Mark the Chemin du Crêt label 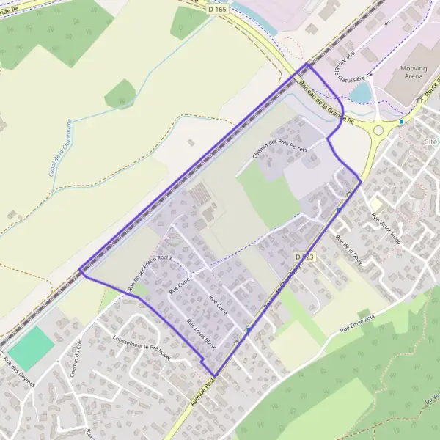pyautogui.click(x=76, y=359)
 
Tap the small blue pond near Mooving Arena pyautogui.click(x=361, y=92)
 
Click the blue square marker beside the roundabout pyautogui.click(x=401, y=121)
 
